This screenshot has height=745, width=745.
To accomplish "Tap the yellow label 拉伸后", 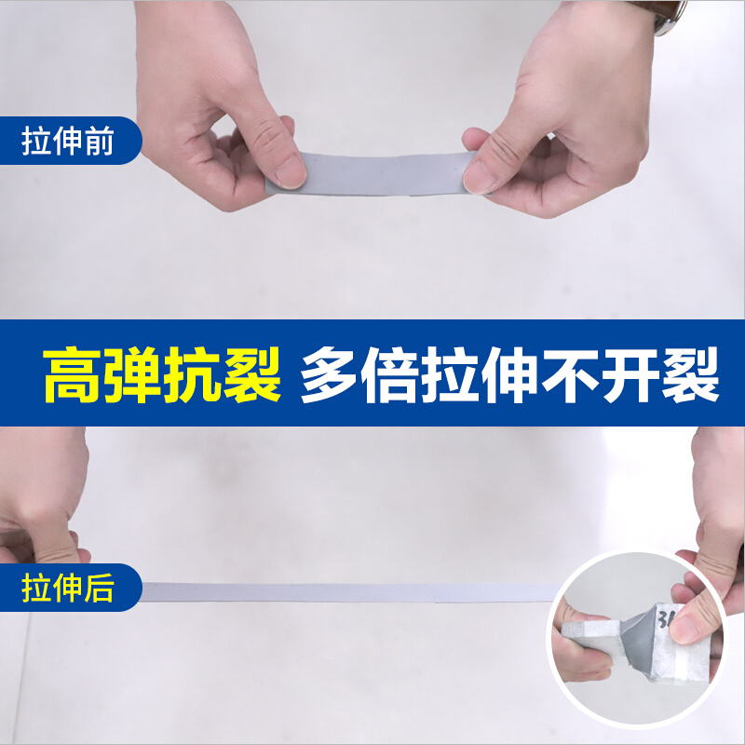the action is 67,588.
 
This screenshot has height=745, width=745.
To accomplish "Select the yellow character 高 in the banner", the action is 72,375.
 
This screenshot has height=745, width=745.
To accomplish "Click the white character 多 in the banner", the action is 330,375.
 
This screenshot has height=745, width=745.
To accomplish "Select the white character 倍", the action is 389,375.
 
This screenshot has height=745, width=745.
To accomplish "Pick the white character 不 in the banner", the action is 570,375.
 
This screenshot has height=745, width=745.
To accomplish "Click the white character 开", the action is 630,375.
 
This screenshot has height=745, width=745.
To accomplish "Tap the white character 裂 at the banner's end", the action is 690,375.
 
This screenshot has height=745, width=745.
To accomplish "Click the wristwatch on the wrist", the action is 670,17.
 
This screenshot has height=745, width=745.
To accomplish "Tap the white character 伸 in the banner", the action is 509,375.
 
